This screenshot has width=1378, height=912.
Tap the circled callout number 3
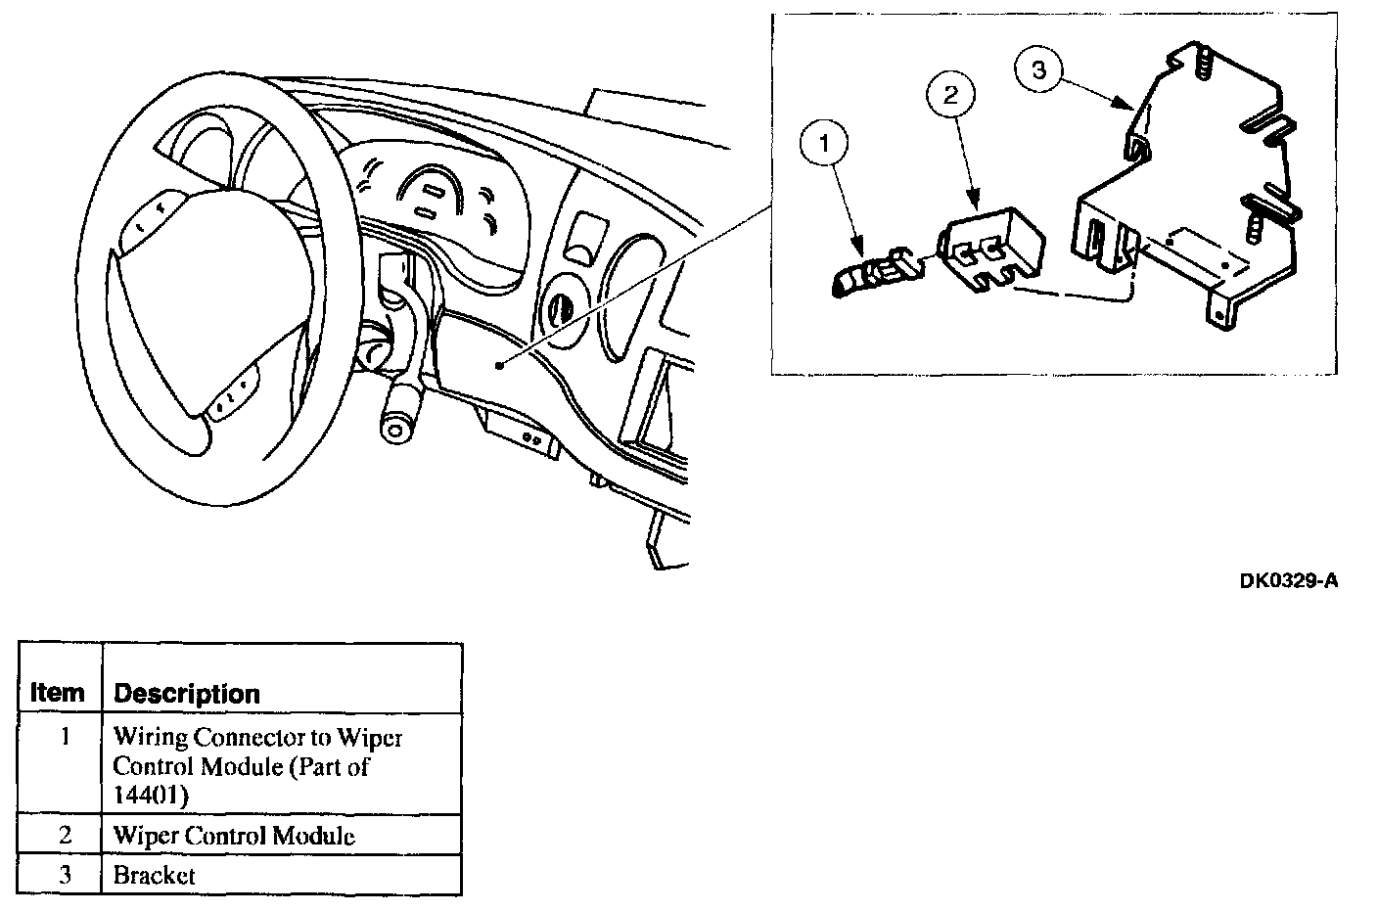coord(1039,70)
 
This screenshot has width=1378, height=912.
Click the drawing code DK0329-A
coord(1287,581)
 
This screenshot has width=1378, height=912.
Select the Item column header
coord(58,694)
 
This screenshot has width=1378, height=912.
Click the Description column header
coord(187,694)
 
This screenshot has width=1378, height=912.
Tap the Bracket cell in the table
coord(155,875)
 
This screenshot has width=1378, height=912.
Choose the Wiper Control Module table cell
coord(234,836)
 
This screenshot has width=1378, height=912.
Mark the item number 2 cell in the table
coord(65,836)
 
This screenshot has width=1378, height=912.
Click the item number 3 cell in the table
coord(65,875)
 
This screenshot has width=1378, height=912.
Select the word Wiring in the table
coord(150,738)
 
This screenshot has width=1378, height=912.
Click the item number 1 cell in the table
coord(65,736)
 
